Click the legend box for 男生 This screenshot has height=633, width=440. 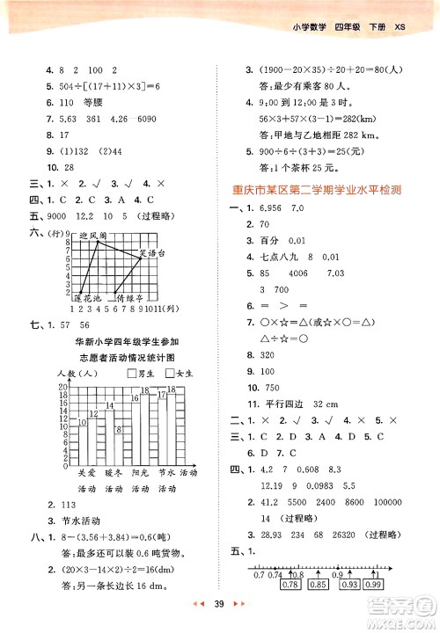pyautogui.click(x=129, y=374)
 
